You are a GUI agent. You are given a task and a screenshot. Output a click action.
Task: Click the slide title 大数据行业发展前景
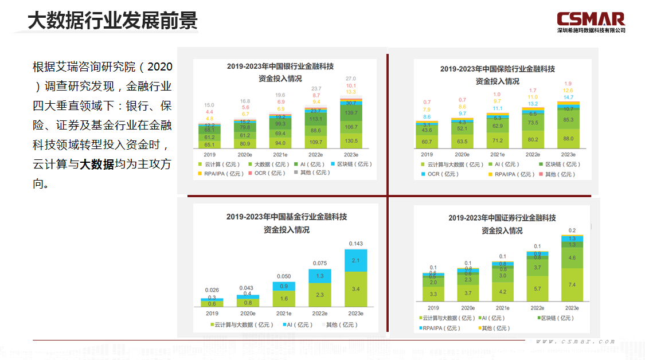click(x=112, y=21)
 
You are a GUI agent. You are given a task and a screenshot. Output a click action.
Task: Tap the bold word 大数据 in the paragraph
click(x=96, y=165)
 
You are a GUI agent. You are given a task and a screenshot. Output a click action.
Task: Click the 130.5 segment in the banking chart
click(x=351, y=141)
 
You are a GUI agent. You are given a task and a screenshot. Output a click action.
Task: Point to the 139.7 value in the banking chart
click(x=351, y=113)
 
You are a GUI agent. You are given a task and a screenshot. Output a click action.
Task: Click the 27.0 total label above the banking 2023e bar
click(x=351, y=79)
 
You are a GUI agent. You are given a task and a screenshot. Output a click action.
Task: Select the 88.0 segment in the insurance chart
click(x=568, y=138)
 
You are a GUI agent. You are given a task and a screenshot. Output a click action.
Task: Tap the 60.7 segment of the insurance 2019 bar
click(x=427, y=141)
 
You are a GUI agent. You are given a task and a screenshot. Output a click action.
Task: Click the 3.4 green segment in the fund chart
click(x=355, y=289)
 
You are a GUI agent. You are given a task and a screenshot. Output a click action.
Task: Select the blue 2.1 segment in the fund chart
click(x=355, y=260)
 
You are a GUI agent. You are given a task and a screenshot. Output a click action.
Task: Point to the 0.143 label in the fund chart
click(x=355, y=244)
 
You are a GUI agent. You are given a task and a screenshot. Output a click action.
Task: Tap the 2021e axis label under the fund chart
click(x=284, y=314)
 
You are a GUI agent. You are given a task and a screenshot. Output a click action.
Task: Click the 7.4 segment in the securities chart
click(x=572, y=285)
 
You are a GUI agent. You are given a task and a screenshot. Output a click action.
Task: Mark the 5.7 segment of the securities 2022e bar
click(x=537, y=289)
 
